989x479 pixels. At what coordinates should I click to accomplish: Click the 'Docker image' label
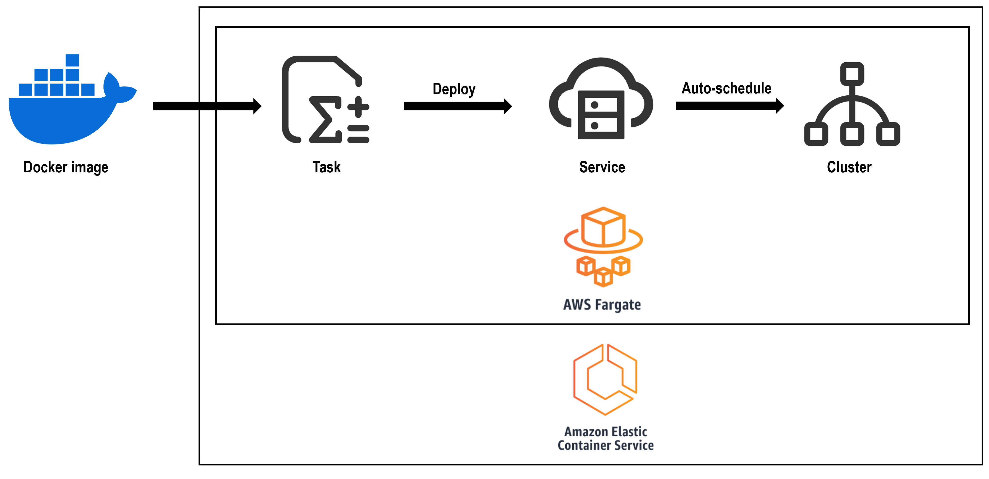[66, 167]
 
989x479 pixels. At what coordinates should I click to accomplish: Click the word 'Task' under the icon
[326, 167]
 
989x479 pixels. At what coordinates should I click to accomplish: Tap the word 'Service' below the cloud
[602, 167]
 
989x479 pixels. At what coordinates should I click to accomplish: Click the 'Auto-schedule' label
[726, 88]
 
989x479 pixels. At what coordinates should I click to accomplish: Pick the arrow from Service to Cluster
[729, 106]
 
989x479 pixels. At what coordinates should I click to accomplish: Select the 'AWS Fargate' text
[602, 305]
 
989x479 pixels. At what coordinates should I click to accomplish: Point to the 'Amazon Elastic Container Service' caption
[605, 438]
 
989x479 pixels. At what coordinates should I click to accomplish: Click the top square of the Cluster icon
[852, 74]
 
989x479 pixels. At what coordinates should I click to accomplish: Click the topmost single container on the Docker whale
[72, 60]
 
